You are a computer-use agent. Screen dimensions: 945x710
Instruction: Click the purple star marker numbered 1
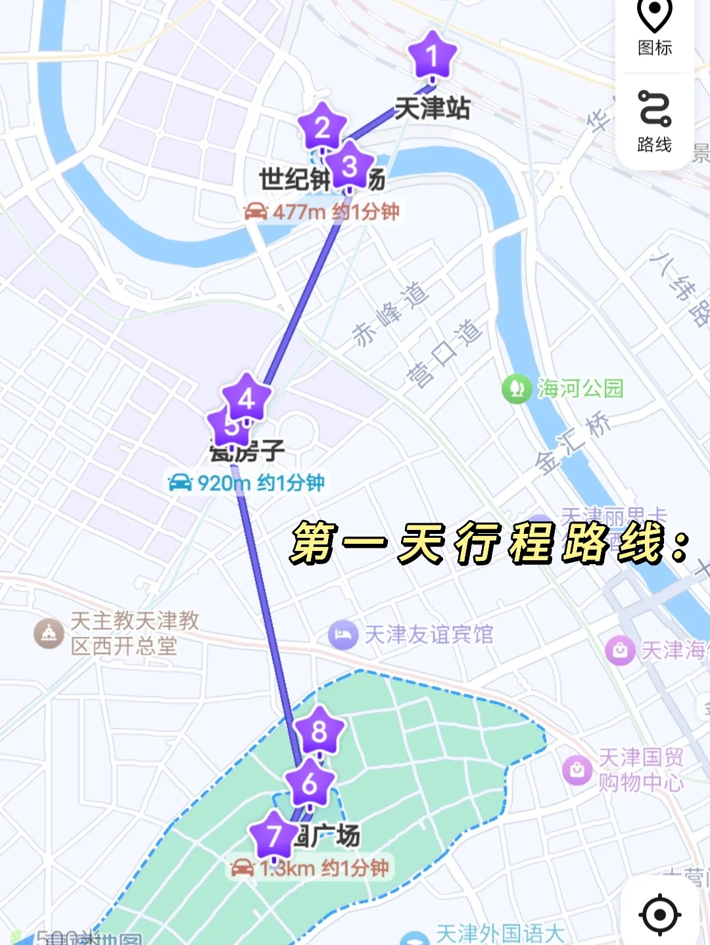click(432, 56)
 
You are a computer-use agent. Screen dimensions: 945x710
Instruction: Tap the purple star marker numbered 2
click(321, 127)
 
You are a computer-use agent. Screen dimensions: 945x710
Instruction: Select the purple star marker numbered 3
click(350, 166)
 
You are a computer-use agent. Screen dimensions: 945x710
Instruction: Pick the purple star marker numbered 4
click(247, 398)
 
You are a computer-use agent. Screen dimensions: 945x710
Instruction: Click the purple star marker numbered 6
click(310, 783)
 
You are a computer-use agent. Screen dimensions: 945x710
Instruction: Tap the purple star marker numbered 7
click(274, 836)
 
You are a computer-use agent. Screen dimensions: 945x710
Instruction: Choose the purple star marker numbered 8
click(319, 730)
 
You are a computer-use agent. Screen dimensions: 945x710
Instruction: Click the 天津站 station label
click(432, 108)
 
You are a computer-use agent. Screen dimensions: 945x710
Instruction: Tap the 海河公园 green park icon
click(517, 389)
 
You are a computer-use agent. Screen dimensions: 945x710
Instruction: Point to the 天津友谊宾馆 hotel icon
click(343, 635)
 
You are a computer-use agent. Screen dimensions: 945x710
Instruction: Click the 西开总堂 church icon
click(49, 634)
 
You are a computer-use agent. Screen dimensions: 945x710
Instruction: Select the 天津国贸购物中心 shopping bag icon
click(577, 769)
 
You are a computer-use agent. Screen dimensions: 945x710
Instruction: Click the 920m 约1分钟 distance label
click(247, 483)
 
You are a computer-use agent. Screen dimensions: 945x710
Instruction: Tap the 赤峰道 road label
click(390, 314)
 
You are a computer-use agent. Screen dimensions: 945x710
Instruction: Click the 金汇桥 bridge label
click(572, 443)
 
